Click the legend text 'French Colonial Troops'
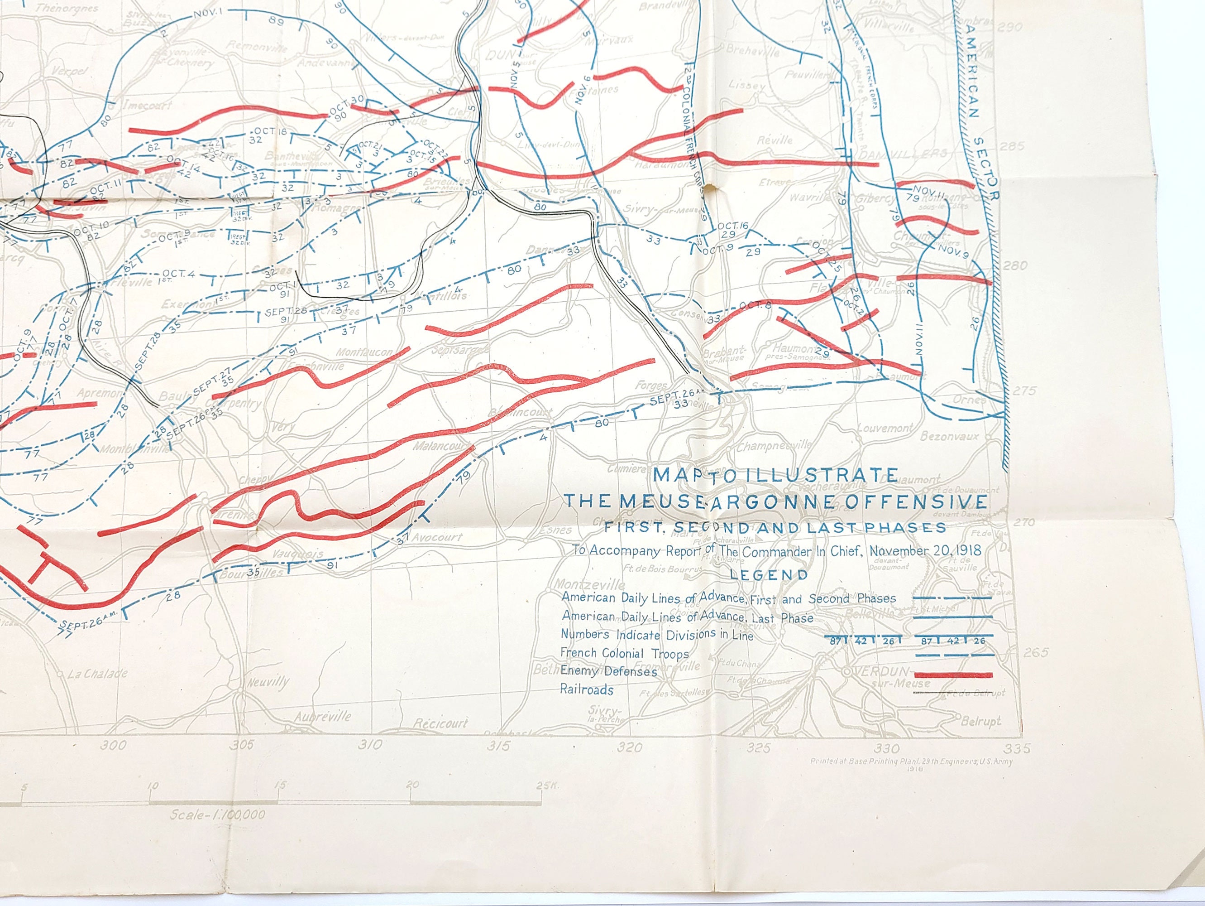(x=624, y=653)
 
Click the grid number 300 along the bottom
(x=115, y=745)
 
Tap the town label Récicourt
(x=441, y=723)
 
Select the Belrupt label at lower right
(x=980, y=721)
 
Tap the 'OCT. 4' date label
(x=179, y=274)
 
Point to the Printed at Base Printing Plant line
(x=911, y=761)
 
